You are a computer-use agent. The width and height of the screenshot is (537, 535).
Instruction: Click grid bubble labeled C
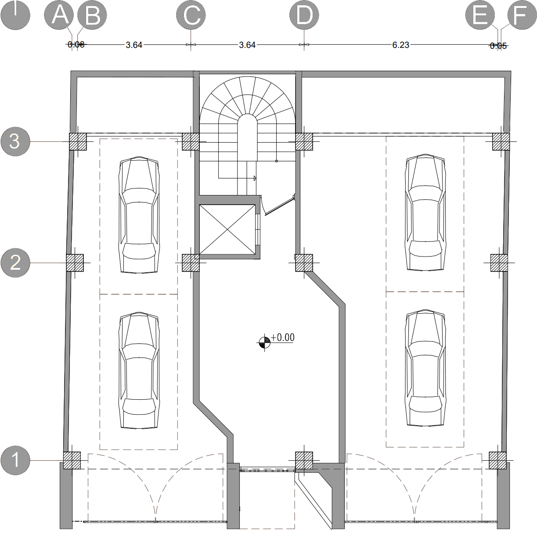[x=191, y=15]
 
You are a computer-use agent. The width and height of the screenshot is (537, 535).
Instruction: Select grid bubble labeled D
[x=304, y=15]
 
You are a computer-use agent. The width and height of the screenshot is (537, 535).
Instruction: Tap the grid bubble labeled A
[x=59, y=15]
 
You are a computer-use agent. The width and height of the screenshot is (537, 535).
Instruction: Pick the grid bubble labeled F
[x=522, y=15]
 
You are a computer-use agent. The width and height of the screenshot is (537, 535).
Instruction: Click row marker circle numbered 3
[x=15, y=141]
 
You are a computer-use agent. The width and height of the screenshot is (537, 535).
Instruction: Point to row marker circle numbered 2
[x=15, y=263]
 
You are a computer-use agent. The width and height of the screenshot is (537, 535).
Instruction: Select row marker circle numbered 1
[x=15, y=460]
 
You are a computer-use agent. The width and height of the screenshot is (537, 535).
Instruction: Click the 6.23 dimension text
[x=400, y=45]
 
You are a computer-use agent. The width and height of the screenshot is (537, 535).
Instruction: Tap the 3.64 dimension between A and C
[x=134, y=45]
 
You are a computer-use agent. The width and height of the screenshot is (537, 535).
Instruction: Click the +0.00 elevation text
[x=283, y=337]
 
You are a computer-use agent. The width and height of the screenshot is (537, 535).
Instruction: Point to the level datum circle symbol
[x=264, y=342]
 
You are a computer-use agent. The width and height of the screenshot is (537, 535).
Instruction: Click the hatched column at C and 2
[x=191, y=263]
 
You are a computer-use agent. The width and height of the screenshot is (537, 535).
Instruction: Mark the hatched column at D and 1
[x=304, y=460]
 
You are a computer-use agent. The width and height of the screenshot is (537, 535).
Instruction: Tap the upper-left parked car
[x=139, y=215]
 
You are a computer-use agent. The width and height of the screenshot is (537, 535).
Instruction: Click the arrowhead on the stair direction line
[x=255, y=178]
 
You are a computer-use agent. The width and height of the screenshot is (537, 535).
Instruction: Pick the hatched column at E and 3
[x=501, y=141]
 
